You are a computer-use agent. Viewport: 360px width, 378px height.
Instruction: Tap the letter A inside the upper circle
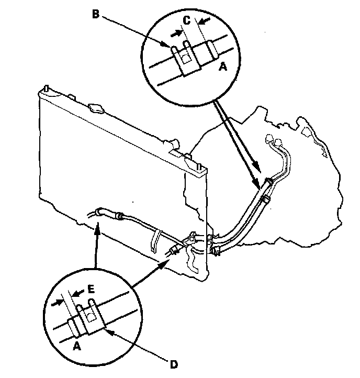(223, 66)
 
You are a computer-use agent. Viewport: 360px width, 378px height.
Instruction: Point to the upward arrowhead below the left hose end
(97, 226)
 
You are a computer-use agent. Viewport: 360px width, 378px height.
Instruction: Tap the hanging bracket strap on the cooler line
(155, 240)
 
